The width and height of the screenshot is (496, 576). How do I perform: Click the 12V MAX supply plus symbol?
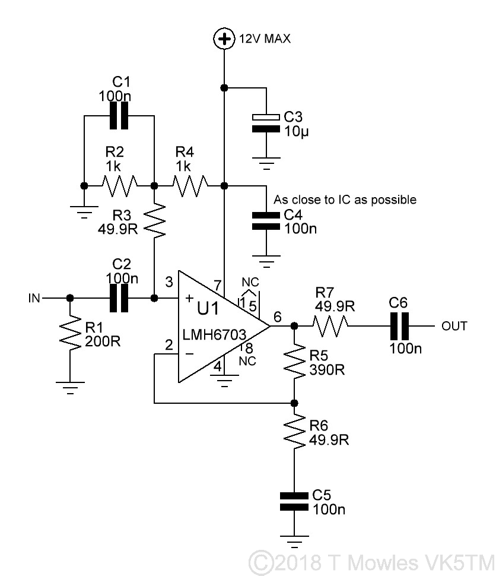(224, 39)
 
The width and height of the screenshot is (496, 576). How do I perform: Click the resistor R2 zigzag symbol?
(119, 185)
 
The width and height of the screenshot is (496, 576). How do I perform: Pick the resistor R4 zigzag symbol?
(188, 185)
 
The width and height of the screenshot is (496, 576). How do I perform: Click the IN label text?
(34, 298)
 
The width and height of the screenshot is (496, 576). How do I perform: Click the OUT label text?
(454, 325)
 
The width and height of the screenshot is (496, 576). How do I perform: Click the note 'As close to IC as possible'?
(345, 200)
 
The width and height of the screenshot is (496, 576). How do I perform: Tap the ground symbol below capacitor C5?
(294, 541)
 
